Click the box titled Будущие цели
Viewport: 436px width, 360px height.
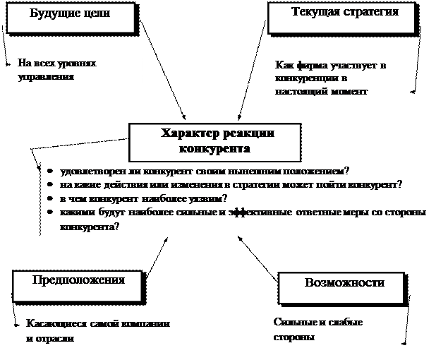click(x=71, y=17)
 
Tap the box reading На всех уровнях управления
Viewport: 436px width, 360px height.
click(x=78, y=69)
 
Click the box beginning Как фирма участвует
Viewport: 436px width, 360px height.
click(x=338, y=78)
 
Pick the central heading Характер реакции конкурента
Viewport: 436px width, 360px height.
click(x=215, y=141)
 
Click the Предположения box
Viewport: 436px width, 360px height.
click(x=78, y=284)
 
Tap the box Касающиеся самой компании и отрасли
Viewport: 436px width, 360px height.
click(x=102, y=331)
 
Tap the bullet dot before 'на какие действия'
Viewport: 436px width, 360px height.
click(x=50, y=185)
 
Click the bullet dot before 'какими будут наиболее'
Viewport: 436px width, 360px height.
click(x=50, y=211)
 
